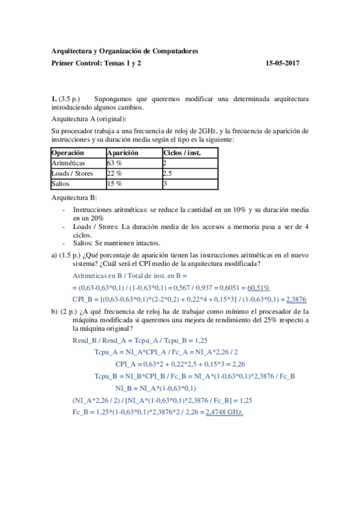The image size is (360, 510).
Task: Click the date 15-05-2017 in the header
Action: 282,63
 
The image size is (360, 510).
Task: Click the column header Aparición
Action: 123,153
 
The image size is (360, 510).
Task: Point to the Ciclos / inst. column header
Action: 182,153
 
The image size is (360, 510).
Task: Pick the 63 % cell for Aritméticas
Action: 114,163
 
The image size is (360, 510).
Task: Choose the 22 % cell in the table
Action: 114,173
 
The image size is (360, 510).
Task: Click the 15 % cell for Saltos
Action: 114,183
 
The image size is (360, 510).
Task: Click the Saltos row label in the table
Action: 61,183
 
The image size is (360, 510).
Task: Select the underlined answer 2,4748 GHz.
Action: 224,411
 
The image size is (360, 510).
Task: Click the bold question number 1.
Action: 54,97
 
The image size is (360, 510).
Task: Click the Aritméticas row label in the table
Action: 69,163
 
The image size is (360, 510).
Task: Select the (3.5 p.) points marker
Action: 70,97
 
